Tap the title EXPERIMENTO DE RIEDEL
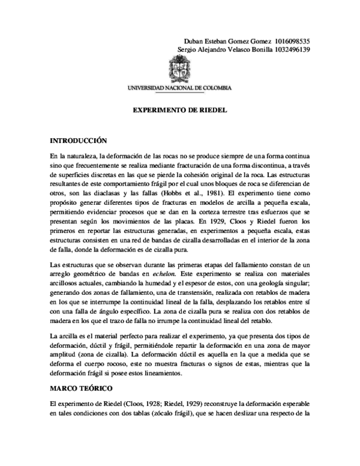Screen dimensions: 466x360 [180, 112]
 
